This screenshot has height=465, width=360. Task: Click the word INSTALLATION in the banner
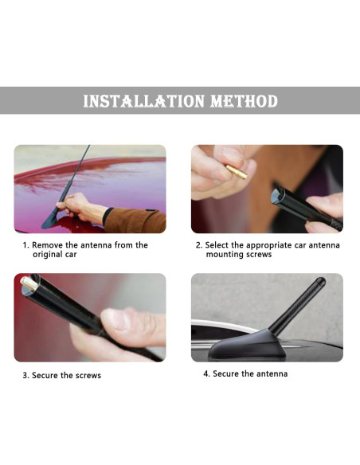(144, 101)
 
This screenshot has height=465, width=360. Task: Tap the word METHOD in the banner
(244, 101)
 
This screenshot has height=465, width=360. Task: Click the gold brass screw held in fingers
(237, 172)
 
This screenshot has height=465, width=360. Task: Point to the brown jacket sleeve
(135, 220)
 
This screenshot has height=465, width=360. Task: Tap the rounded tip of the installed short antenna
(320, 281)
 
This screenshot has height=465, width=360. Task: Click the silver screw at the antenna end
(29, 283)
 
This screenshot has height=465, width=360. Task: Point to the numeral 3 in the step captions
(25, 376)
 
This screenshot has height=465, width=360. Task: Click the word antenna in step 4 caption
(272, 373)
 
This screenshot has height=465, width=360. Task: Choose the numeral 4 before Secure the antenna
(205, 373)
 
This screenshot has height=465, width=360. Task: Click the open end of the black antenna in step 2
(276, 194)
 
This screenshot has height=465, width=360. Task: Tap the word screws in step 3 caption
(88, 376)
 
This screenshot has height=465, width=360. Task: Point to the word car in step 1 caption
(72, 255)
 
